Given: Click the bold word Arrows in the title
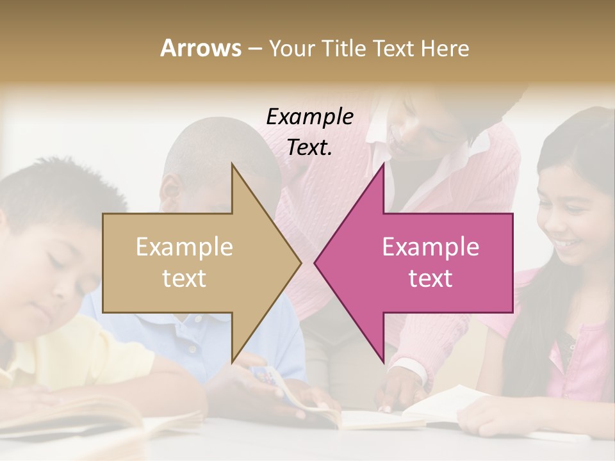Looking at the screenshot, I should point(201,48).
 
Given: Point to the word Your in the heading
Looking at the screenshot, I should point(292,48).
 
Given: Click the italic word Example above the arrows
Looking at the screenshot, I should point(309,117).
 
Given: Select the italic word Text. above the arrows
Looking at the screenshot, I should point(309,147).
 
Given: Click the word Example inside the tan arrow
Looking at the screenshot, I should point(184,247).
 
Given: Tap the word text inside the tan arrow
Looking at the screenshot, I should point(184,279).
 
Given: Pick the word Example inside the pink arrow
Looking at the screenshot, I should point(430,247).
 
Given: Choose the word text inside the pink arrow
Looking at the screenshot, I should point(430,279).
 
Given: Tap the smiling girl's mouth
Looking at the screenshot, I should point(566,244).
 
